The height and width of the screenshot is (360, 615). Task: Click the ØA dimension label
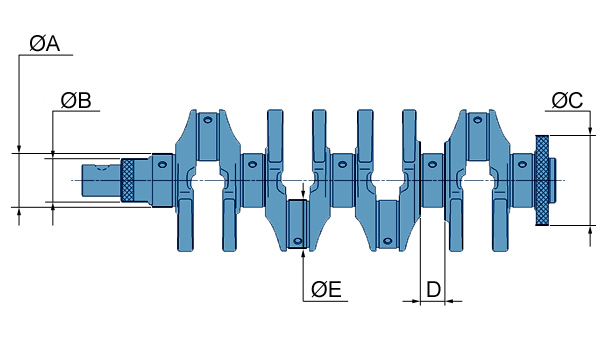(x=44, y=44)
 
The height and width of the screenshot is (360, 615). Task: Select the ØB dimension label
(x=76, y=100)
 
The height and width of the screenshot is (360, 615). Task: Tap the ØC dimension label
(x=567, y=100)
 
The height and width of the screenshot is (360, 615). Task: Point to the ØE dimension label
(x=326, y=289)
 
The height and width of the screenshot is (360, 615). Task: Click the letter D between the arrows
(x=433, y=289)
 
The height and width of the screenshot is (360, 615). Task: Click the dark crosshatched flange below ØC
(x=542, y=180)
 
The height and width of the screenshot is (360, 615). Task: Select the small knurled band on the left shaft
(x=127, y=180)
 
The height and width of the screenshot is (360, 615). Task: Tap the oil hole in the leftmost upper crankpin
(x=207, y=120)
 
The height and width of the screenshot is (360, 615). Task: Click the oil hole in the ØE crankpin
(x=298, y=240)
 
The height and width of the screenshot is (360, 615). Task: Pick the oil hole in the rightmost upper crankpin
(x=477, y=120)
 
